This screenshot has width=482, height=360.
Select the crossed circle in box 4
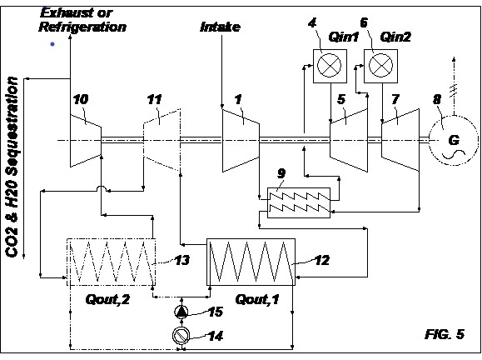[x=329, y=66]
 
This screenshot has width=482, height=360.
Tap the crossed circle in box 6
[x=380, y=66]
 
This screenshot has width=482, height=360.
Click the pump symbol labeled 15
[x=181, y=312]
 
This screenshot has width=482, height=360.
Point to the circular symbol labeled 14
[x=181, y=336]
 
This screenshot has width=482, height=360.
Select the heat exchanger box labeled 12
[x=251, y=262]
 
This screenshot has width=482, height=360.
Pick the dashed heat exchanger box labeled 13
[x=112, y=262]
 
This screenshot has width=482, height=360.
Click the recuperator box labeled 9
[x=299, y=202]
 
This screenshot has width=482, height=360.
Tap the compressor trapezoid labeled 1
[x=241, y=140]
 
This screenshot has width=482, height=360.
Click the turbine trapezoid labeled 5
[x=349, y=140]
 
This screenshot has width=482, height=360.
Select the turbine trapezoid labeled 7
[x=400, y=140]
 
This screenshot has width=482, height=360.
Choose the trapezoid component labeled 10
[x=86, y=140]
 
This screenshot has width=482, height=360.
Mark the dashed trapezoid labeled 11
[x=161, y=140]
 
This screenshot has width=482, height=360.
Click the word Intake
[x=220, y=27]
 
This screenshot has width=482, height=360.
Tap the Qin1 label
[x=344, y=37]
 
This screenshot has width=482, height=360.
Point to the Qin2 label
[x=395, y=37]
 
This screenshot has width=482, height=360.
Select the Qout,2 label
[x=107, y=299]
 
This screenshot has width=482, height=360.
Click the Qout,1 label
[x=257, y=299]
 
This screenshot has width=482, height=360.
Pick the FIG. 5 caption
[x=445, y=334]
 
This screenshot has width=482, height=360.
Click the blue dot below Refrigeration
[x=52, y=44]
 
